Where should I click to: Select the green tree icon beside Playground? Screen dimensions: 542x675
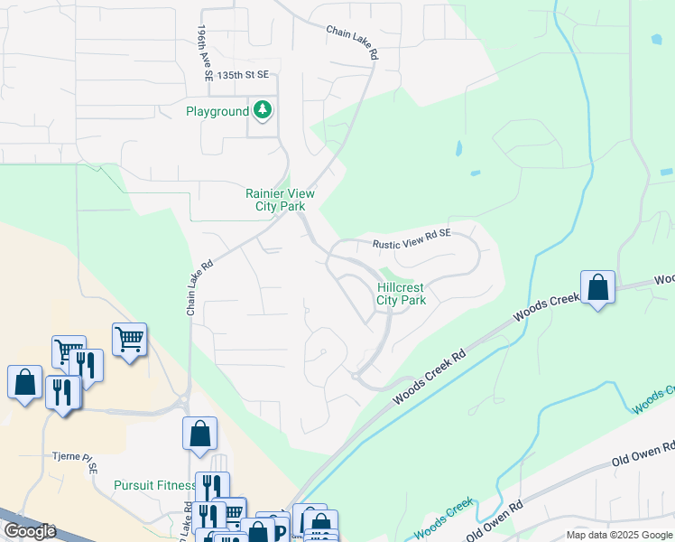[263, 111]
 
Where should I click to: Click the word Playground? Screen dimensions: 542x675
[217, 112]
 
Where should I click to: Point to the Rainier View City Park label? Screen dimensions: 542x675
[275, 200]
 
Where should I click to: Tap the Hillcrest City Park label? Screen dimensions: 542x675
[401, 294]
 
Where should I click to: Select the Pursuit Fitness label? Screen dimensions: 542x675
[153, 485]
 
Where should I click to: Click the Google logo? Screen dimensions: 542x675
[31, 531]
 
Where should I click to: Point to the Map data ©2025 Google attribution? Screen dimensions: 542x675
[619, 535]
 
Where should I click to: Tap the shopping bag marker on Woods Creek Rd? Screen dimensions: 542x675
[597, 289]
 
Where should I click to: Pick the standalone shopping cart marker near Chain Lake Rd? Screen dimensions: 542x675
[129, 341]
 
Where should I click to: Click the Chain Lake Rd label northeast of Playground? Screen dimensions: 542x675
[353, 42]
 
